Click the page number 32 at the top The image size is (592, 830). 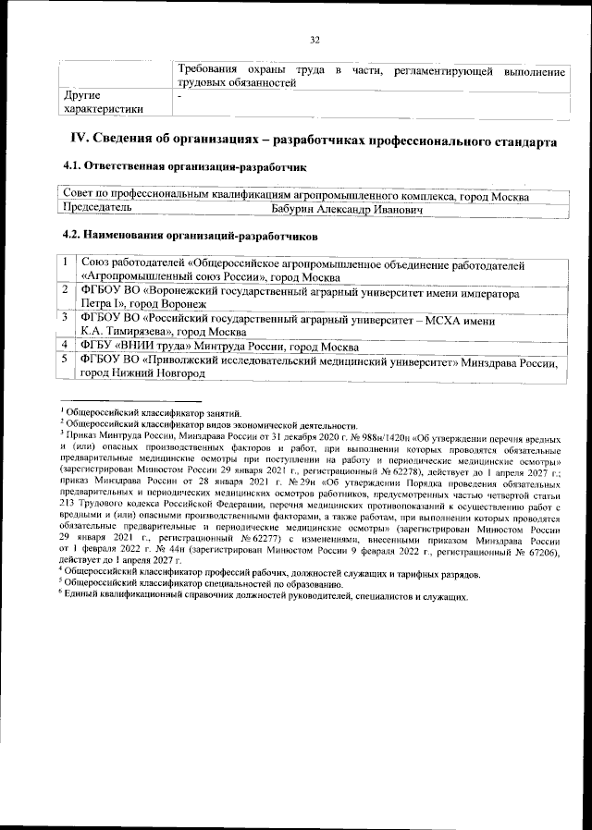(314, 40)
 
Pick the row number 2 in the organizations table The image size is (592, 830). (67, 290)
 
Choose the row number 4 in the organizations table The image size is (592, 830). (67, 346)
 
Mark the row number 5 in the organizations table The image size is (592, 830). (67, 360)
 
